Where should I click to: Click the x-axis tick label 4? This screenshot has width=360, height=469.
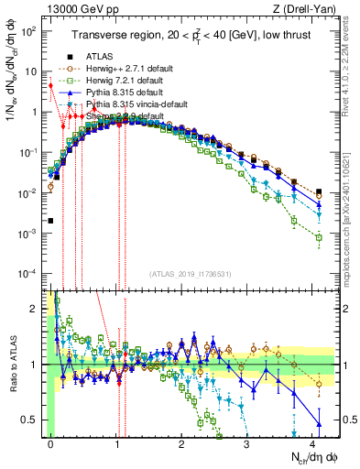pos(312,441)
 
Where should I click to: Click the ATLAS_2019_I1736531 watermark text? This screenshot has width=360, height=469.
pos(191,275)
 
